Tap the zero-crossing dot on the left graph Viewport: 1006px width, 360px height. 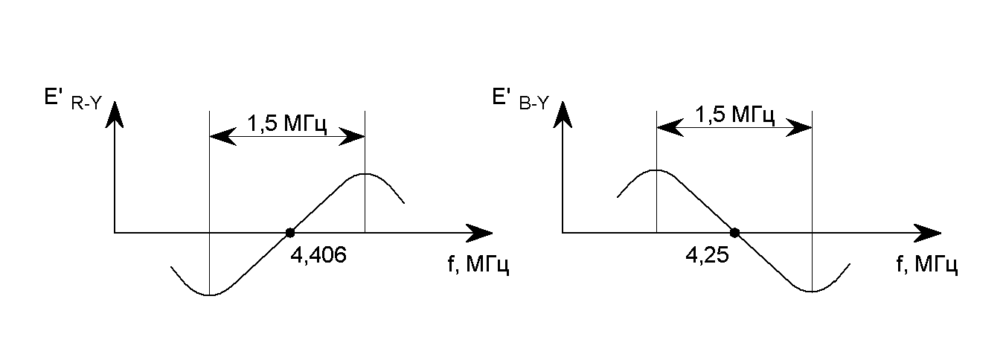click(x=289, y=233)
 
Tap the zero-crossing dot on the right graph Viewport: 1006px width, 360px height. click(x=734, y=233)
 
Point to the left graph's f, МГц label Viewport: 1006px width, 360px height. click(x=478, y=266)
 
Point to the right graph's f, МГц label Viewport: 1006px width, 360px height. click(x=926, y=266)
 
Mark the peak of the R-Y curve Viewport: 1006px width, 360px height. click(x=365, y=173)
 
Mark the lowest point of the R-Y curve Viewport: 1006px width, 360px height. click(x=211, y=295)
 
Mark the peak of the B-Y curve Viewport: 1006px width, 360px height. click(x=656, y=170)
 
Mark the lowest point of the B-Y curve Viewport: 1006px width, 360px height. click(x=812, y=292)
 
